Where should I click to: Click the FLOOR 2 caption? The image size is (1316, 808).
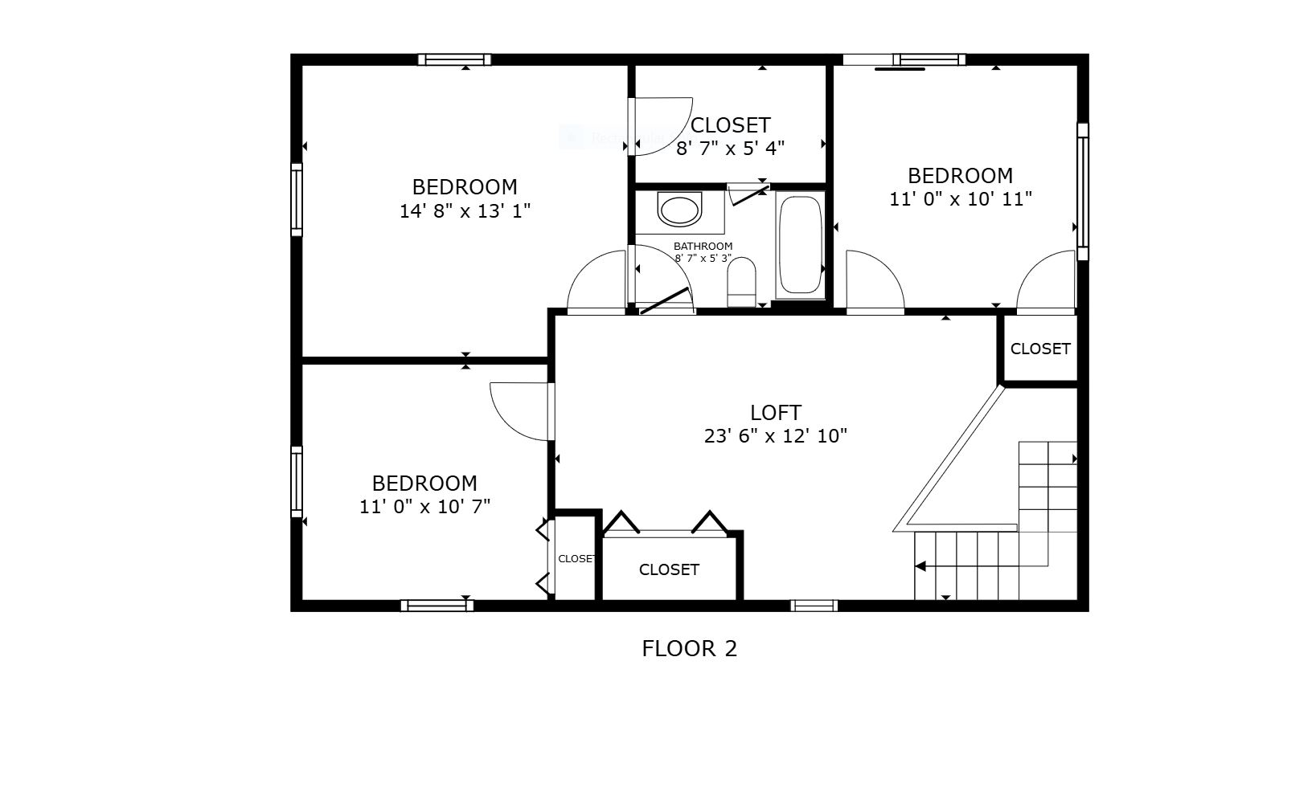tap(689, 648)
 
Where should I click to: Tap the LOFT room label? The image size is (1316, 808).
tap(776, 413)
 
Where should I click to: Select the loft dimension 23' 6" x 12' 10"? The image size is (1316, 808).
tap(776, 436)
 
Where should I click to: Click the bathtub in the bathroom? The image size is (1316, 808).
tap(800, 244)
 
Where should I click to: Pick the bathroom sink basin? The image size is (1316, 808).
tap(679, 210)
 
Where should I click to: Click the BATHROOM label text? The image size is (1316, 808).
tap(703, 247)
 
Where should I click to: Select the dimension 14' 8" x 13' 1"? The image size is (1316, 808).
tap(465, 211)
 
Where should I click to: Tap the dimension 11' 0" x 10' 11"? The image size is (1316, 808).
tap(960, 199)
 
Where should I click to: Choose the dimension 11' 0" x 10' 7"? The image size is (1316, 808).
tap(424, 507)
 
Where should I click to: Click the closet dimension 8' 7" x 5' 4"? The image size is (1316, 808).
tap(730, 149)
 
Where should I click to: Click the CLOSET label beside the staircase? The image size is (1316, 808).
tap(1040, 349)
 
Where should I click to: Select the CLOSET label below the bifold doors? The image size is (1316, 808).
tap(669, 569)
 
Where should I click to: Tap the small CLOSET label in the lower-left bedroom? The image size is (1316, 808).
tap(576, 559)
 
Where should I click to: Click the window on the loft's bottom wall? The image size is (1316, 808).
tap(814, 606)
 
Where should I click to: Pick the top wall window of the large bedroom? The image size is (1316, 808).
tap(454, 59)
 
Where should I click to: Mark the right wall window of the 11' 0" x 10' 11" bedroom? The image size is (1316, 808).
tap(1083, 191)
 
